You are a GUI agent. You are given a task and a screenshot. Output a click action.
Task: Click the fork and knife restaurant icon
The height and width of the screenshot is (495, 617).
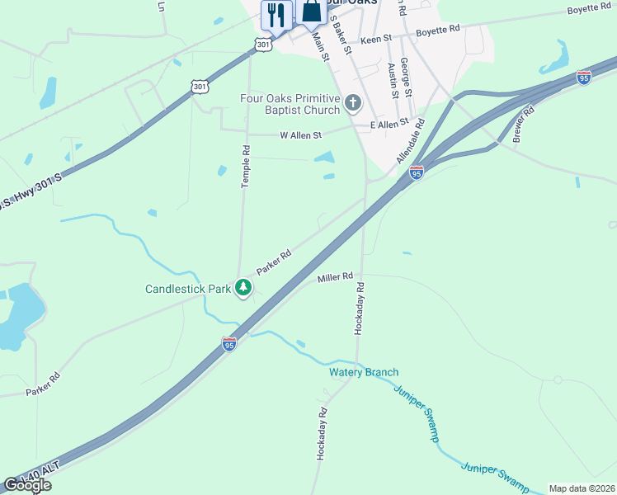click(276, 15)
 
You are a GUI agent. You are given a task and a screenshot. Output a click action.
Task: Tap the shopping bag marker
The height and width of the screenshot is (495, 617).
click(311, 12)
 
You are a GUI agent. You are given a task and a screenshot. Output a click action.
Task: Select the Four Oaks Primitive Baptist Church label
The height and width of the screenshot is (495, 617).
click(290, 104)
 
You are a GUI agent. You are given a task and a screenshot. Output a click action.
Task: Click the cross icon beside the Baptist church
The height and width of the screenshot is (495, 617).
click(353, 104)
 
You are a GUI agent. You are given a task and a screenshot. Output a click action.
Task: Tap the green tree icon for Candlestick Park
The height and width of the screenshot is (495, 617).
click(243, 288)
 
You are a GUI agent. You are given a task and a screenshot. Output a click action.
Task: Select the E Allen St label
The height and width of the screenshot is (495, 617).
click(389, 124)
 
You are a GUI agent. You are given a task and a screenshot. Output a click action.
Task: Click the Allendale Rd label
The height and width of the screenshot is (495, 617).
click(409, 140)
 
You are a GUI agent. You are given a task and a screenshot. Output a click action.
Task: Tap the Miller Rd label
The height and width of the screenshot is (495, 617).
click(336, 279)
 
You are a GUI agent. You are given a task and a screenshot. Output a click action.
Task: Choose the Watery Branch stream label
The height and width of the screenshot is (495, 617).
click(364, 373)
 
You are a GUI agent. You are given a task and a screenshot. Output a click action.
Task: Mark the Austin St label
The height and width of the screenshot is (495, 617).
click(393, 80)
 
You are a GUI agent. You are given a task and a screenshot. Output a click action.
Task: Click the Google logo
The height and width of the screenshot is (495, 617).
click(27, 485)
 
